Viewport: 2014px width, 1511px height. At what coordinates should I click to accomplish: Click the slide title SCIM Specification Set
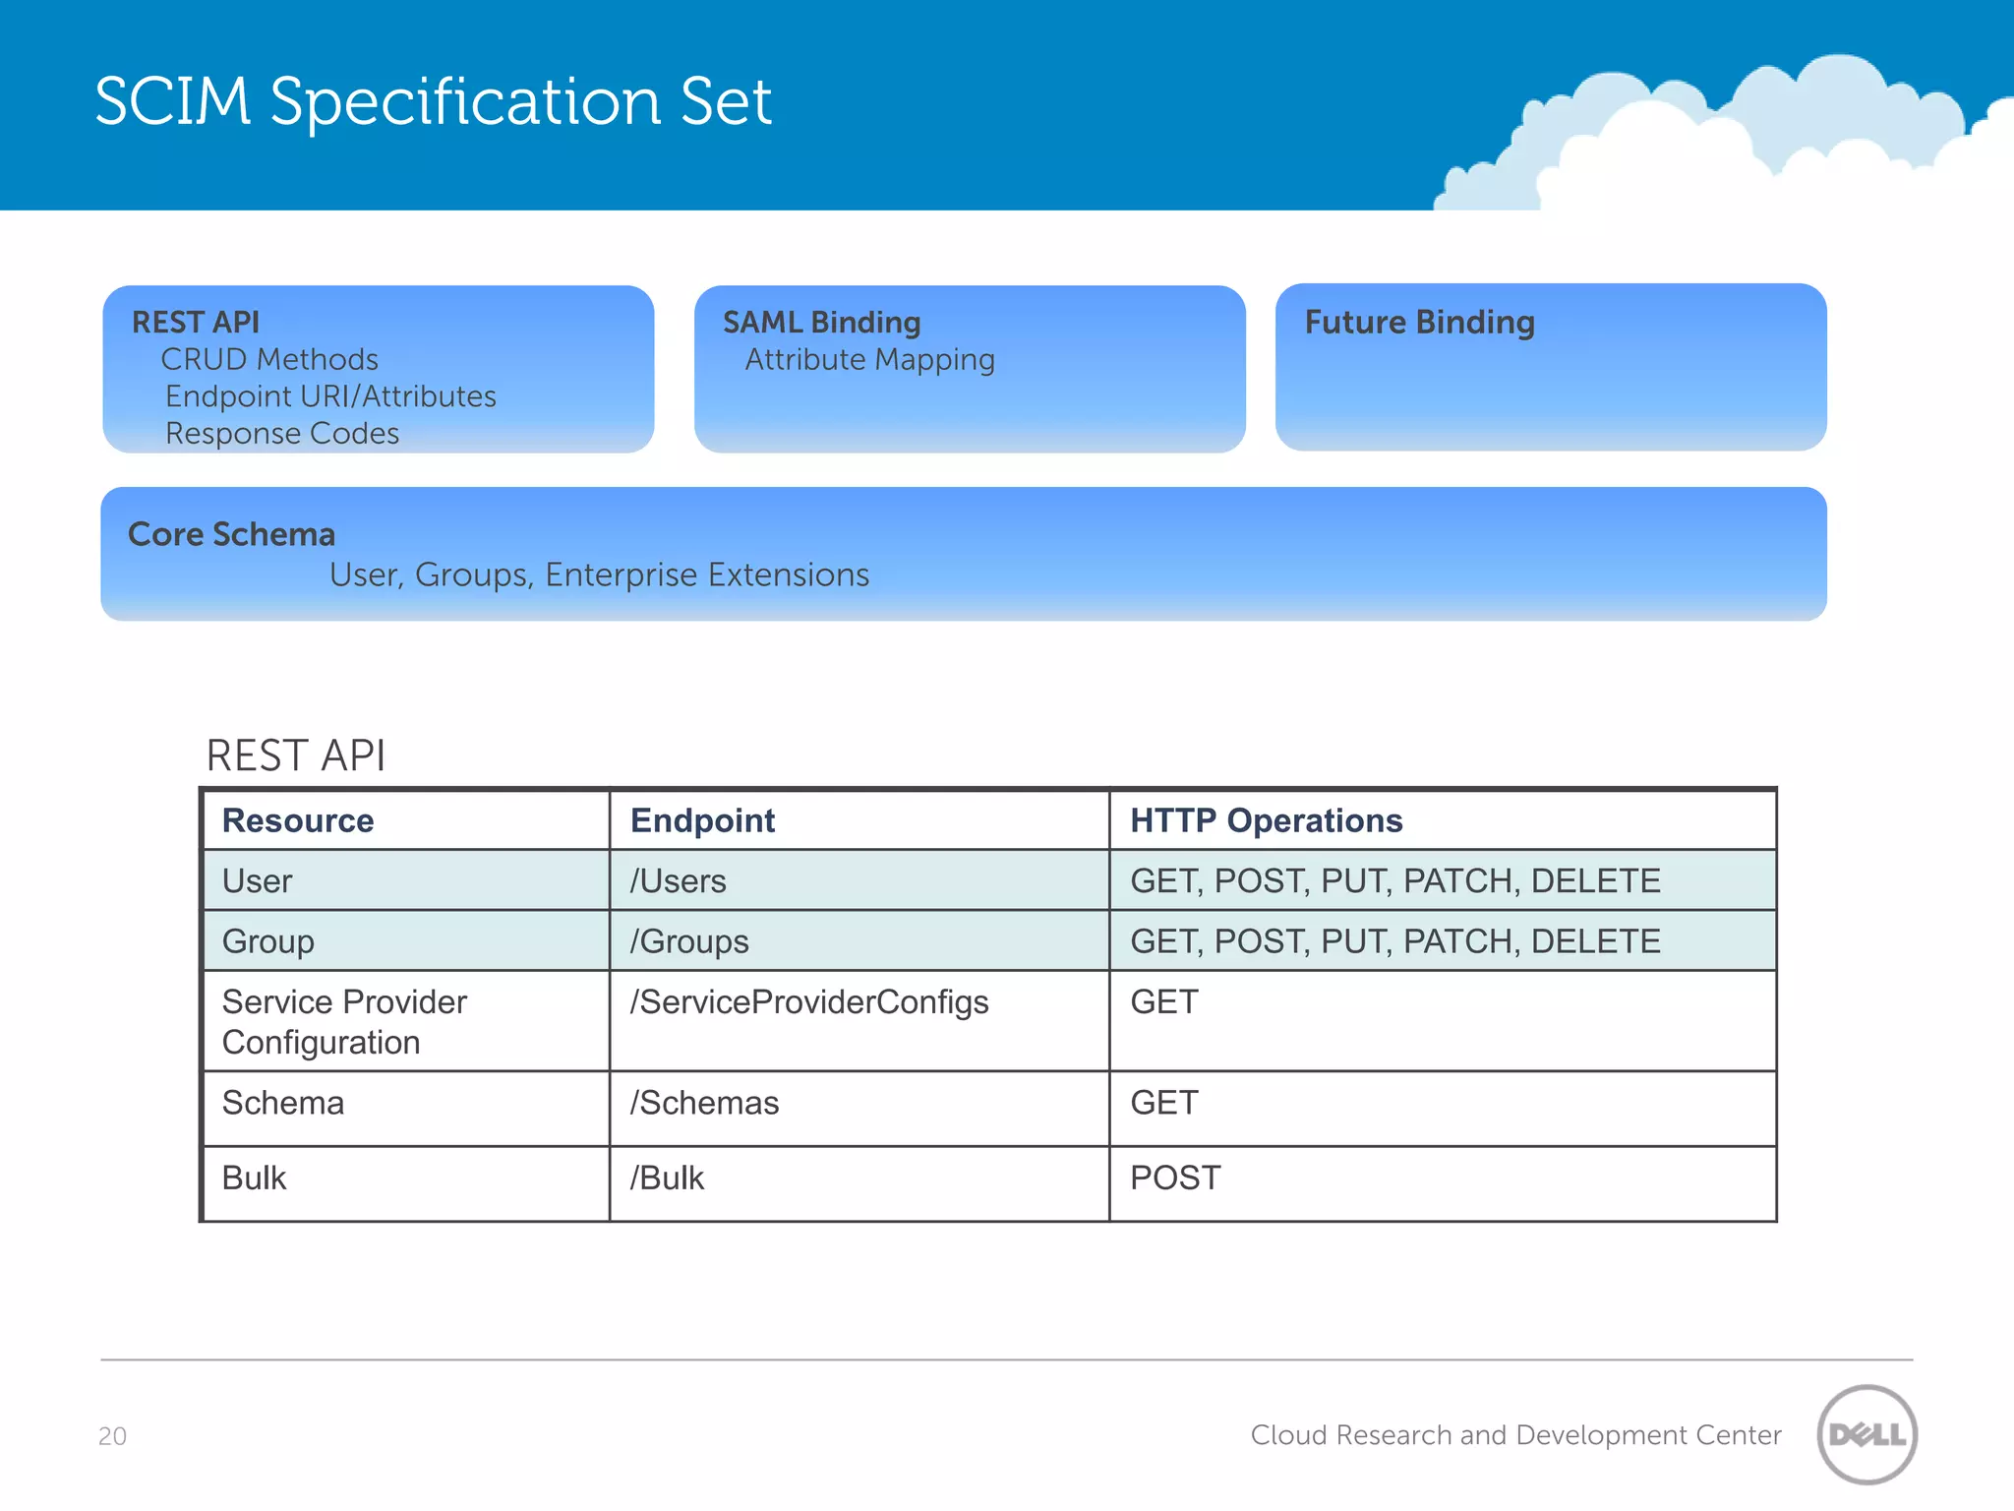[433, 101]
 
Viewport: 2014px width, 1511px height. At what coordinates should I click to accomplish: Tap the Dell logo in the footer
[1866, 1434]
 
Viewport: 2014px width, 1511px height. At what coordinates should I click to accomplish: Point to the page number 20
[112, 1436]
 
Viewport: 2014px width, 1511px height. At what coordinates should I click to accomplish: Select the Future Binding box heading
[1419, 323]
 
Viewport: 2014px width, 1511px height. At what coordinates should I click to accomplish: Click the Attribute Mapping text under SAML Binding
[869, 360]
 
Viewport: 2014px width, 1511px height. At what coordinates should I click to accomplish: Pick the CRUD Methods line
[269, 360]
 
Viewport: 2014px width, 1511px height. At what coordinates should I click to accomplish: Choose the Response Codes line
[282, 434]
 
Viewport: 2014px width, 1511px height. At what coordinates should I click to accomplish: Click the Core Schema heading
[232, 534]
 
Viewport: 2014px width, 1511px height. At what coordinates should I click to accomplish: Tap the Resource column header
[298, 820]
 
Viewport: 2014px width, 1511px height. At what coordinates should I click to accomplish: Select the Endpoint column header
[702, 820]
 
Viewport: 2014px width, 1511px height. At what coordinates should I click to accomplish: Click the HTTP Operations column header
[1266, 820]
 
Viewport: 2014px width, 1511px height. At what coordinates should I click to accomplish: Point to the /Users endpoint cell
[679, 881]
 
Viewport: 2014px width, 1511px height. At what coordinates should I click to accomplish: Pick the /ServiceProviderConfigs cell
[809, 1002]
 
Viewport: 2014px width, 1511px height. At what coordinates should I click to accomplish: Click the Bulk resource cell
[255, 1179]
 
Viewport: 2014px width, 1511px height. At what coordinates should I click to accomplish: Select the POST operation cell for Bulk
[1175, 1179]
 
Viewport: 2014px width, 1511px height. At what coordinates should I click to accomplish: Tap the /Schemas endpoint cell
[704, 1104]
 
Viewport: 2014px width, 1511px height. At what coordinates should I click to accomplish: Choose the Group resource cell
[268, 941]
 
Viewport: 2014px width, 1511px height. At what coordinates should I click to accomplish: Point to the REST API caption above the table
[295, 755]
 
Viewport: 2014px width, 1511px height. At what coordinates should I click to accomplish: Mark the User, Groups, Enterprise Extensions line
[599, 574]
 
